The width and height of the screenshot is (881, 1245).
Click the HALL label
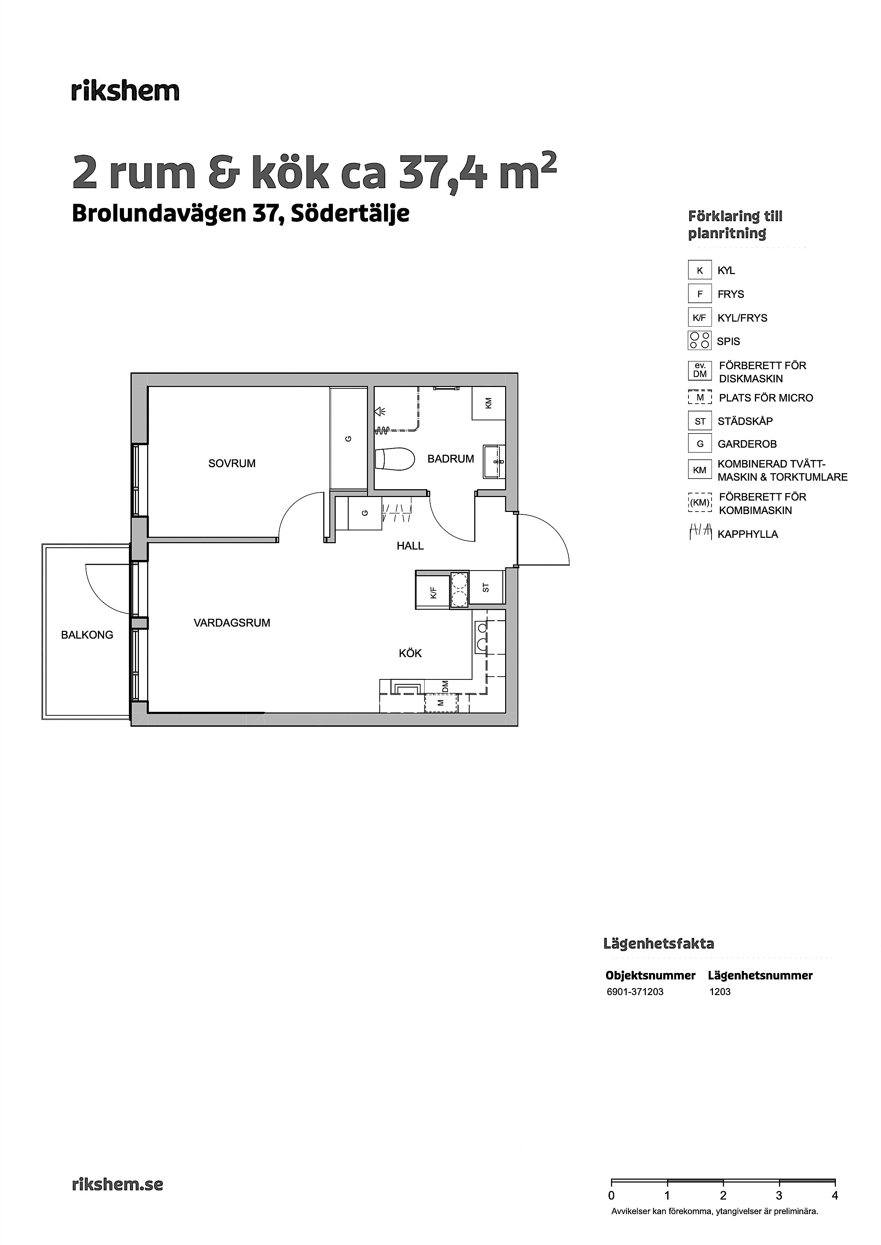pos(410,546)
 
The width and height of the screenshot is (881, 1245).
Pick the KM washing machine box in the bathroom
pos(489,403)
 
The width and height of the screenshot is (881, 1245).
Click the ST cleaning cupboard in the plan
pos(486,588)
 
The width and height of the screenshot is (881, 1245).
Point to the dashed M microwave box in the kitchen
pos(441,703)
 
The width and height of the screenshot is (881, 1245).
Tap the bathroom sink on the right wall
pos(494,462)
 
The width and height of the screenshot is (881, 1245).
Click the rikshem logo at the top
pos(125,91)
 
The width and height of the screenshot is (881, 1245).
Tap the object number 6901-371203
pos(635,992)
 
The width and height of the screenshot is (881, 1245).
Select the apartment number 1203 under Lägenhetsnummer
pos(720,992)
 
